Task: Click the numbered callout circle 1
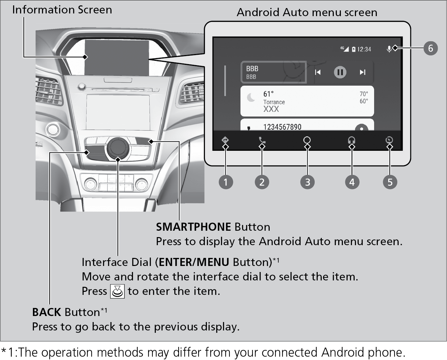[226, 182]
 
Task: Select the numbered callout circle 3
[307, 182]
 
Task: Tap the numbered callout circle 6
[431, 48]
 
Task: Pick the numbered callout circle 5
[390, 182]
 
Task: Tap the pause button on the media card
[340, 72]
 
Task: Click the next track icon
[362, 72]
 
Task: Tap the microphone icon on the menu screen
[389, 49]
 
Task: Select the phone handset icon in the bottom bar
[262, 140]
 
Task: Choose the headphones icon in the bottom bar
[351, 140]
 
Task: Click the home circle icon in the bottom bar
[307, 140]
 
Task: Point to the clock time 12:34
[364, 49]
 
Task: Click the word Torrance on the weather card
[274, 102]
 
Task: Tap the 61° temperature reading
[268, 94]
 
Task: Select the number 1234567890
[282, 127]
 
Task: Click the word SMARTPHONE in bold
[193, 227]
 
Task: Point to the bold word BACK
[47, 312]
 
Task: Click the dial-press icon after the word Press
[117, 291]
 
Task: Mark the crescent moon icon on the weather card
[251, 97]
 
